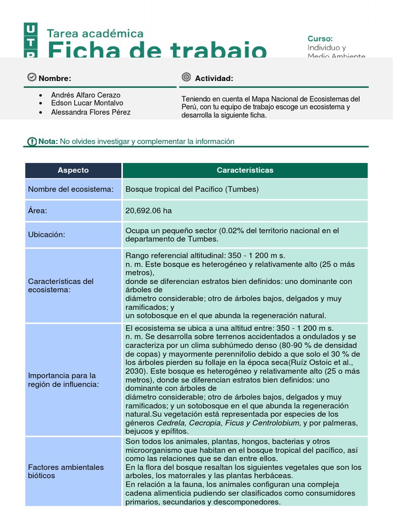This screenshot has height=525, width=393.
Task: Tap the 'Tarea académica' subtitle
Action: tap(95, 34)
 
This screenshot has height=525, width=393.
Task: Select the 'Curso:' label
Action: tap(320, 38)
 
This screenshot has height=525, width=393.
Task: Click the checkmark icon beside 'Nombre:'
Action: tap(32, 77)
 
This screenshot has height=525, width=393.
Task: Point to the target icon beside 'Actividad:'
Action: tap(186, 77)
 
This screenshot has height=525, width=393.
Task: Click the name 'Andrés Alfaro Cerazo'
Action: tap(85, 95)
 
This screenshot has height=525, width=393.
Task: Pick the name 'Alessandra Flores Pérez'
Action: tap(91, 112)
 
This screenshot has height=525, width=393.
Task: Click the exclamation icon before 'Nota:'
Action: tap(32, 142)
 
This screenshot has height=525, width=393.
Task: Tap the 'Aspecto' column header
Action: tap(73, 170)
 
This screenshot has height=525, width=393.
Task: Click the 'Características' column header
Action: tap(245, 170)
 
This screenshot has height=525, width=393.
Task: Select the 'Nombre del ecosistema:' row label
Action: tap(71, 189)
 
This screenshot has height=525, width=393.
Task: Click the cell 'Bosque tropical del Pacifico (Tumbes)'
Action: tap(192, 189)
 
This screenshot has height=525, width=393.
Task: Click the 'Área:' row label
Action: tap(38, 211)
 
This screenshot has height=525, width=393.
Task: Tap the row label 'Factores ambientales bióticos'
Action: tap(66, 471)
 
